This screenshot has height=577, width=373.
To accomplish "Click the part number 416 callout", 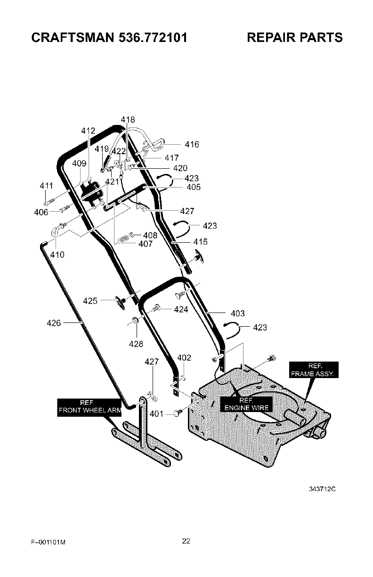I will click(192, 145).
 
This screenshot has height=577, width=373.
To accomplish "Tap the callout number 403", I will click(238, 313).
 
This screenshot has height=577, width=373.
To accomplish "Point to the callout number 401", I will click(156, 414).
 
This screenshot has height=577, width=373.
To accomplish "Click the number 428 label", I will click(136, 344).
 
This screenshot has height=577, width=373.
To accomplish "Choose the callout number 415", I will click(200, 242).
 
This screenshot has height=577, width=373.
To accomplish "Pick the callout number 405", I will click(193, 187).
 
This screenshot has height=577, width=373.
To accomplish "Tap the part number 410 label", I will click(57, 255).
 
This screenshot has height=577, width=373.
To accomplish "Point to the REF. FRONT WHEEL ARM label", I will click(89, 406).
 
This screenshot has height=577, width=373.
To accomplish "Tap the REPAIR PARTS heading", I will click(295, 37).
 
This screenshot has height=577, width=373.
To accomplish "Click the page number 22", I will click(186, 541).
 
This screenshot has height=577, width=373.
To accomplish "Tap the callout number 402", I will click(184, 358).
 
